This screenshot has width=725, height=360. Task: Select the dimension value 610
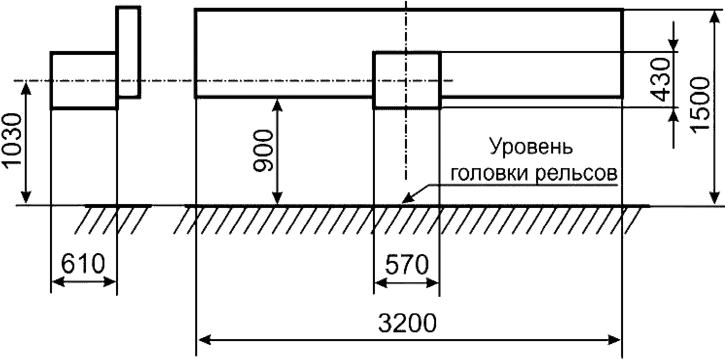pos(83,263)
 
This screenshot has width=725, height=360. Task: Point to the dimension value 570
pos(407,264)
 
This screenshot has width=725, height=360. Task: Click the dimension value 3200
pos(407,323)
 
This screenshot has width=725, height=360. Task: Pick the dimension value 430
pos(659,80)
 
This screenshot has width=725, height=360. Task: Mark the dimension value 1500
pos(700,105)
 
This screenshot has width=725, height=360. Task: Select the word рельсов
pos(576,174)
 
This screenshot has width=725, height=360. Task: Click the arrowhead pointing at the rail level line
pos(408,198)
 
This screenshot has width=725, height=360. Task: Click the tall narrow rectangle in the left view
pos(129,52)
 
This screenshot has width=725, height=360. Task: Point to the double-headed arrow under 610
pos(84,282)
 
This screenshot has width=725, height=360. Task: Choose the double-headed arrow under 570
pos(407,283)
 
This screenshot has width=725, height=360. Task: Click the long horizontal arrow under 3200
pos(409,340)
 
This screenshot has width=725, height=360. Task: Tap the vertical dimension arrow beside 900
pos(277,152)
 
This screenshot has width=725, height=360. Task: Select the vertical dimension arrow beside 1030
pos(26,143)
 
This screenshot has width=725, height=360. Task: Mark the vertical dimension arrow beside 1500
pos(714,108)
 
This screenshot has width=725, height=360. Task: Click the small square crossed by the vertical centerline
pos(407,80)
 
